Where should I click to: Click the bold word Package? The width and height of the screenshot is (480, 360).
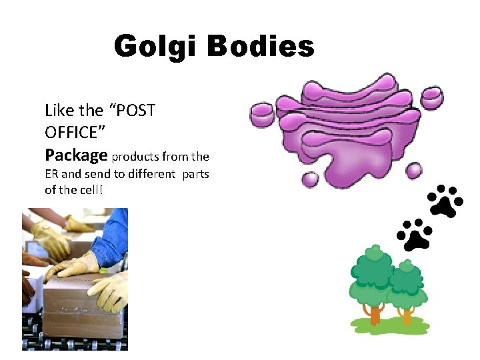(x=76, y=155)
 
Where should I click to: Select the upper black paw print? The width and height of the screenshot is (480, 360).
(x=445, y=201)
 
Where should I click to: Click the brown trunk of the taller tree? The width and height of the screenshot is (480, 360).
(x=375, y=313)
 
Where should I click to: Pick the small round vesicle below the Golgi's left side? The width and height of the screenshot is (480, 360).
(x=310, y=179)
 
